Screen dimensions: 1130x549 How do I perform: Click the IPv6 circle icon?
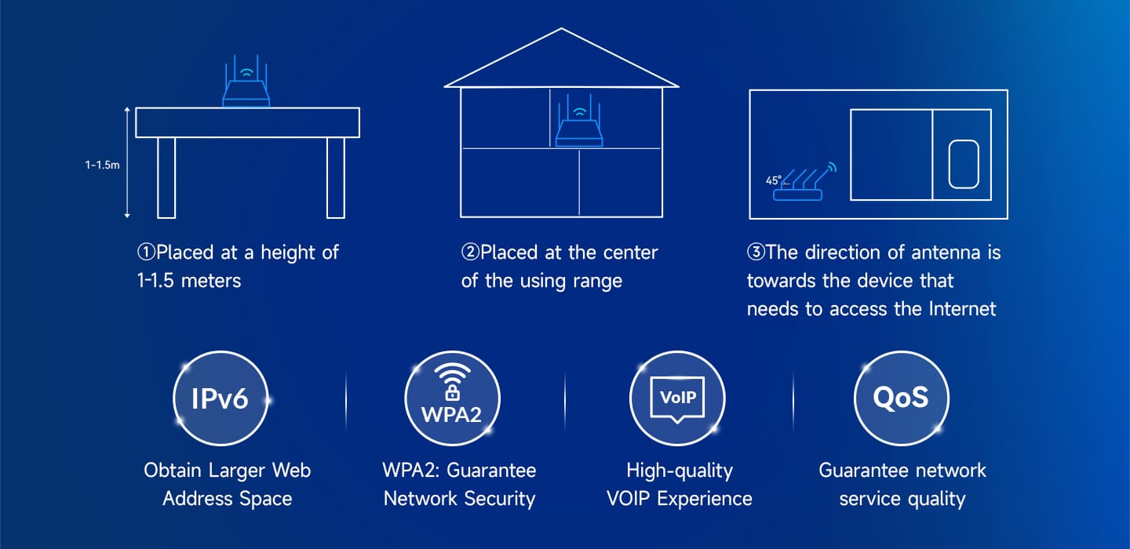tap(221, 398)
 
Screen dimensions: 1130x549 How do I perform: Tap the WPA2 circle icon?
tap(453, 398)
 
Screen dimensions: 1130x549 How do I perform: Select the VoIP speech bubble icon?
tap(677, 399)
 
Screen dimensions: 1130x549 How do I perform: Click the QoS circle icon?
tap(902, 398)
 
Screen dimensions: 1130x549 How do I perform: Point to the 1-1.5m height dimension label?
tap(102, 165)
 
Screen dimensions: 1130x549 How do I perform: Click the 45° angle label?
tap(774, 180)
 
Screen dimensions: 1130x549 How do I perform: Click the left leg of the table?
tap(166, 177)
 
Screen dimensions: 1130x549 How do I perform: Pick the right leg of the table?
tap(336, 177)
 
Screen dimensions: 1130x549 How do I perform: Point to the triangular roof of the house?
tap(562, 58)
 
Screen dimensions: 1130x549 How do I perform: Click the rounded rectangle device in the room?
tap(964, 165)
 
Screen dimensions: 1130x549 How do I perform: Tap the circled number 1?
tap(146, 252)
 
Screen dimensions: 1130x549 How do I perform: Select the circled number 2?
tap(470, 252)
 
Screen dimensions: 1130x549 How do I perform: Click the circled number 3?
tap(756, 252)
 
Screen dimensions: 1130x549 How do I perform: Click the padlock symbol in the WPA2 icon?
tap(453, 391)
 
